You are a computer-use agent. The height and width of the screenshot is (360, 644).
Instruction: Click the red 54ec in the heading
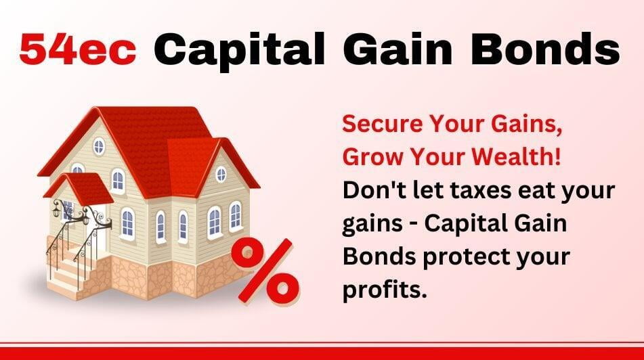click(x=78, y=49)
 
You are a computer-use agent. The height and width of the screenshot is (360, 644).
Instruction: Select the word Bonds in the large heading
click(x=545, y=49)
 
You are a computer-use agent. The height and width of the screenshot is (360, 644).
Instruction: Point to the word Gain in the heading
click(x=398, y=49)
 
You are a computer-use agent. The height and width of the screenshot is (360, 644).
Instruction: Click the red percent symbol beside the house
click(x=265, y=271)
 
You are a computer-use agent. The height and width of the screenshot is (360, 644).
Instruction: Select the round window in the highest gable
click(x=99, y=147)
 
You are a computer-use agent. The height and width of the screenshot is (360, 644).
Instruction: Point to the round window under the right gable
click(x=221, y=175)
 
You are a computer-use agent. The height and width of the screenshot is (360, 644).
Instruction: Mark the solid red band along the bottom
click(x=322, y=353)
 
